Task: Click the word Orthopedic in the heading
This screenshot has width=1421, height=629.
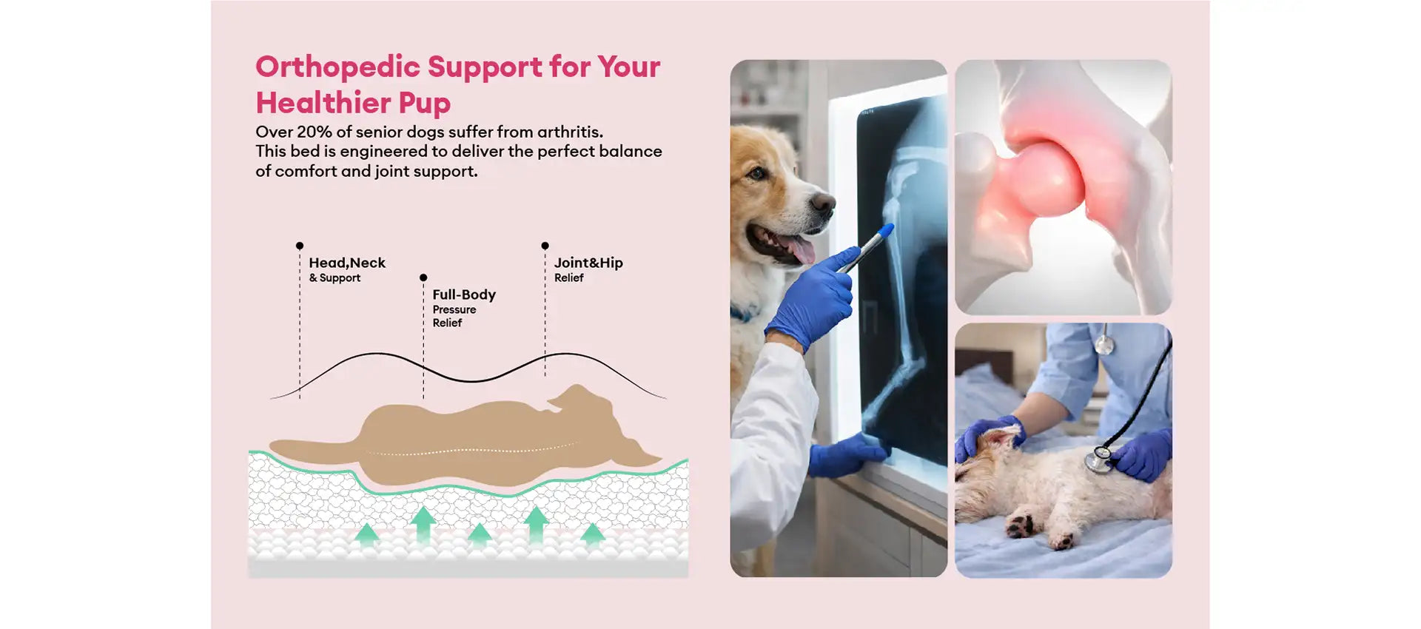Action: coord(337,67)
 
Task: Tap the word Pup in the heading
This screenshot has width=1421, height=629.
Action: coord(424,104)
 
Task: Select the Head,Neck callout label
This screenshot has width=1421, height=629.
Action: coord(347,269)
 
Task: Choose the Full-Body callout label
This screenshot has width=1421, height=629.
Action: coord(464,307)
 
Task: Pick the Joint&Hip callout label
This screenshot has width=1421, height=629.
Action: coord(588,269)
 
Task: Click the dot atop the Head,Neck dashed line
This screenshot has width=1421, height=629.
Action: coord(299,246)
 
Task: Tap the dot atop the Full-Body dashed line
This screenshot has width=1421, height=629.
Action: coord(423,277)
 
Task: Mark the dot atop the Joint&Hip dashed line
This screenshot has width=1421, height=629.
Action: coord(545,246)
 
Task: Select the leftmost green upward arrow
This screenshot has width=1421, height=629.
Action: coord(366,534)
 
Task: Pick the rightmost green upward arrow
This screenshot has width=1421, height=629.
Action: coord(592,534)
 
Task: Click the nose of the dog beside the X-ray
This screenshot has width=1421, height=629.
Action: coord(822,202)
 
